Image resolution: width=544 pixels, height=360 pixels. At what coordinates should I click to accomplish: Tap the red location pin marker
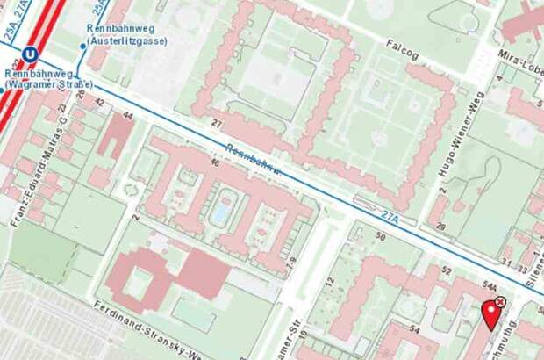(491, 314)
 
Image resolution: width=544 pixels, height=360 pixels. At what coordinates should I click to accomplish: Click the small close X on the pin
(500, 302)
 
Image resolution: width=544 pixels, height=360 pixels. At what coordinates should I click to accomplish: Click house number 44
(128, 116)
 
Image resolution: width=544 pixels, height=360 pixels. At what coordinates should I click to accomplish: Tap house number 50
(381, 235)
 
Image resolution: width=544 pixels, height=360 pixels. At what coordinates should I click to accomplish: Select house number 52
(447, 270)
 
